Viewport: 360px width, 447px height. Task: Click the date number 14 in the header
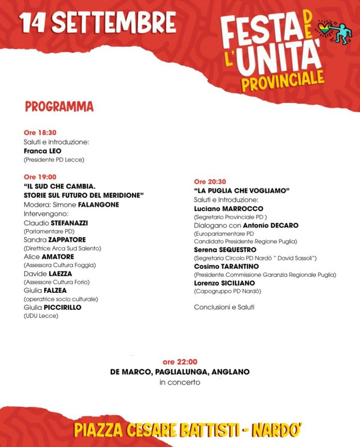click(33, 22)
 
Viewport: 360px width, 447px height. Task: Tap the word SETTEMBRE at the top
click(114, 22)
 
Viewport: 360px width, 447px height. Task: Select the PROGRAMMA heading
click(59, 107)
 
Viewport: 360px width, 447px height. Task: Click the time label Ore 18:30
click(40, 133)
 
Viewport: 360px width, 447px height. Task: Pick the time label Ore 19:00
click(40, 177)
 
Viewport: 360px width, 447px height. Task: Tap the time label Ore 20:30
click(210, 182)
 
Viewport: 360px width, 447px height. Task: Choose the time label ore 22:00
click(180, 362)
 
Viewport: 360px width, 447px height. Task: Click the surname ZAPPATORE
click(68, 240)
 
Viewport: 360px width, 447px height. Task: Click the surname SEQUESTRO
click(236, 250)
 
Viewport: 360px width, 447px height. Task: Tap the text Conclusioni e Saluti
click(224, 307)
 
